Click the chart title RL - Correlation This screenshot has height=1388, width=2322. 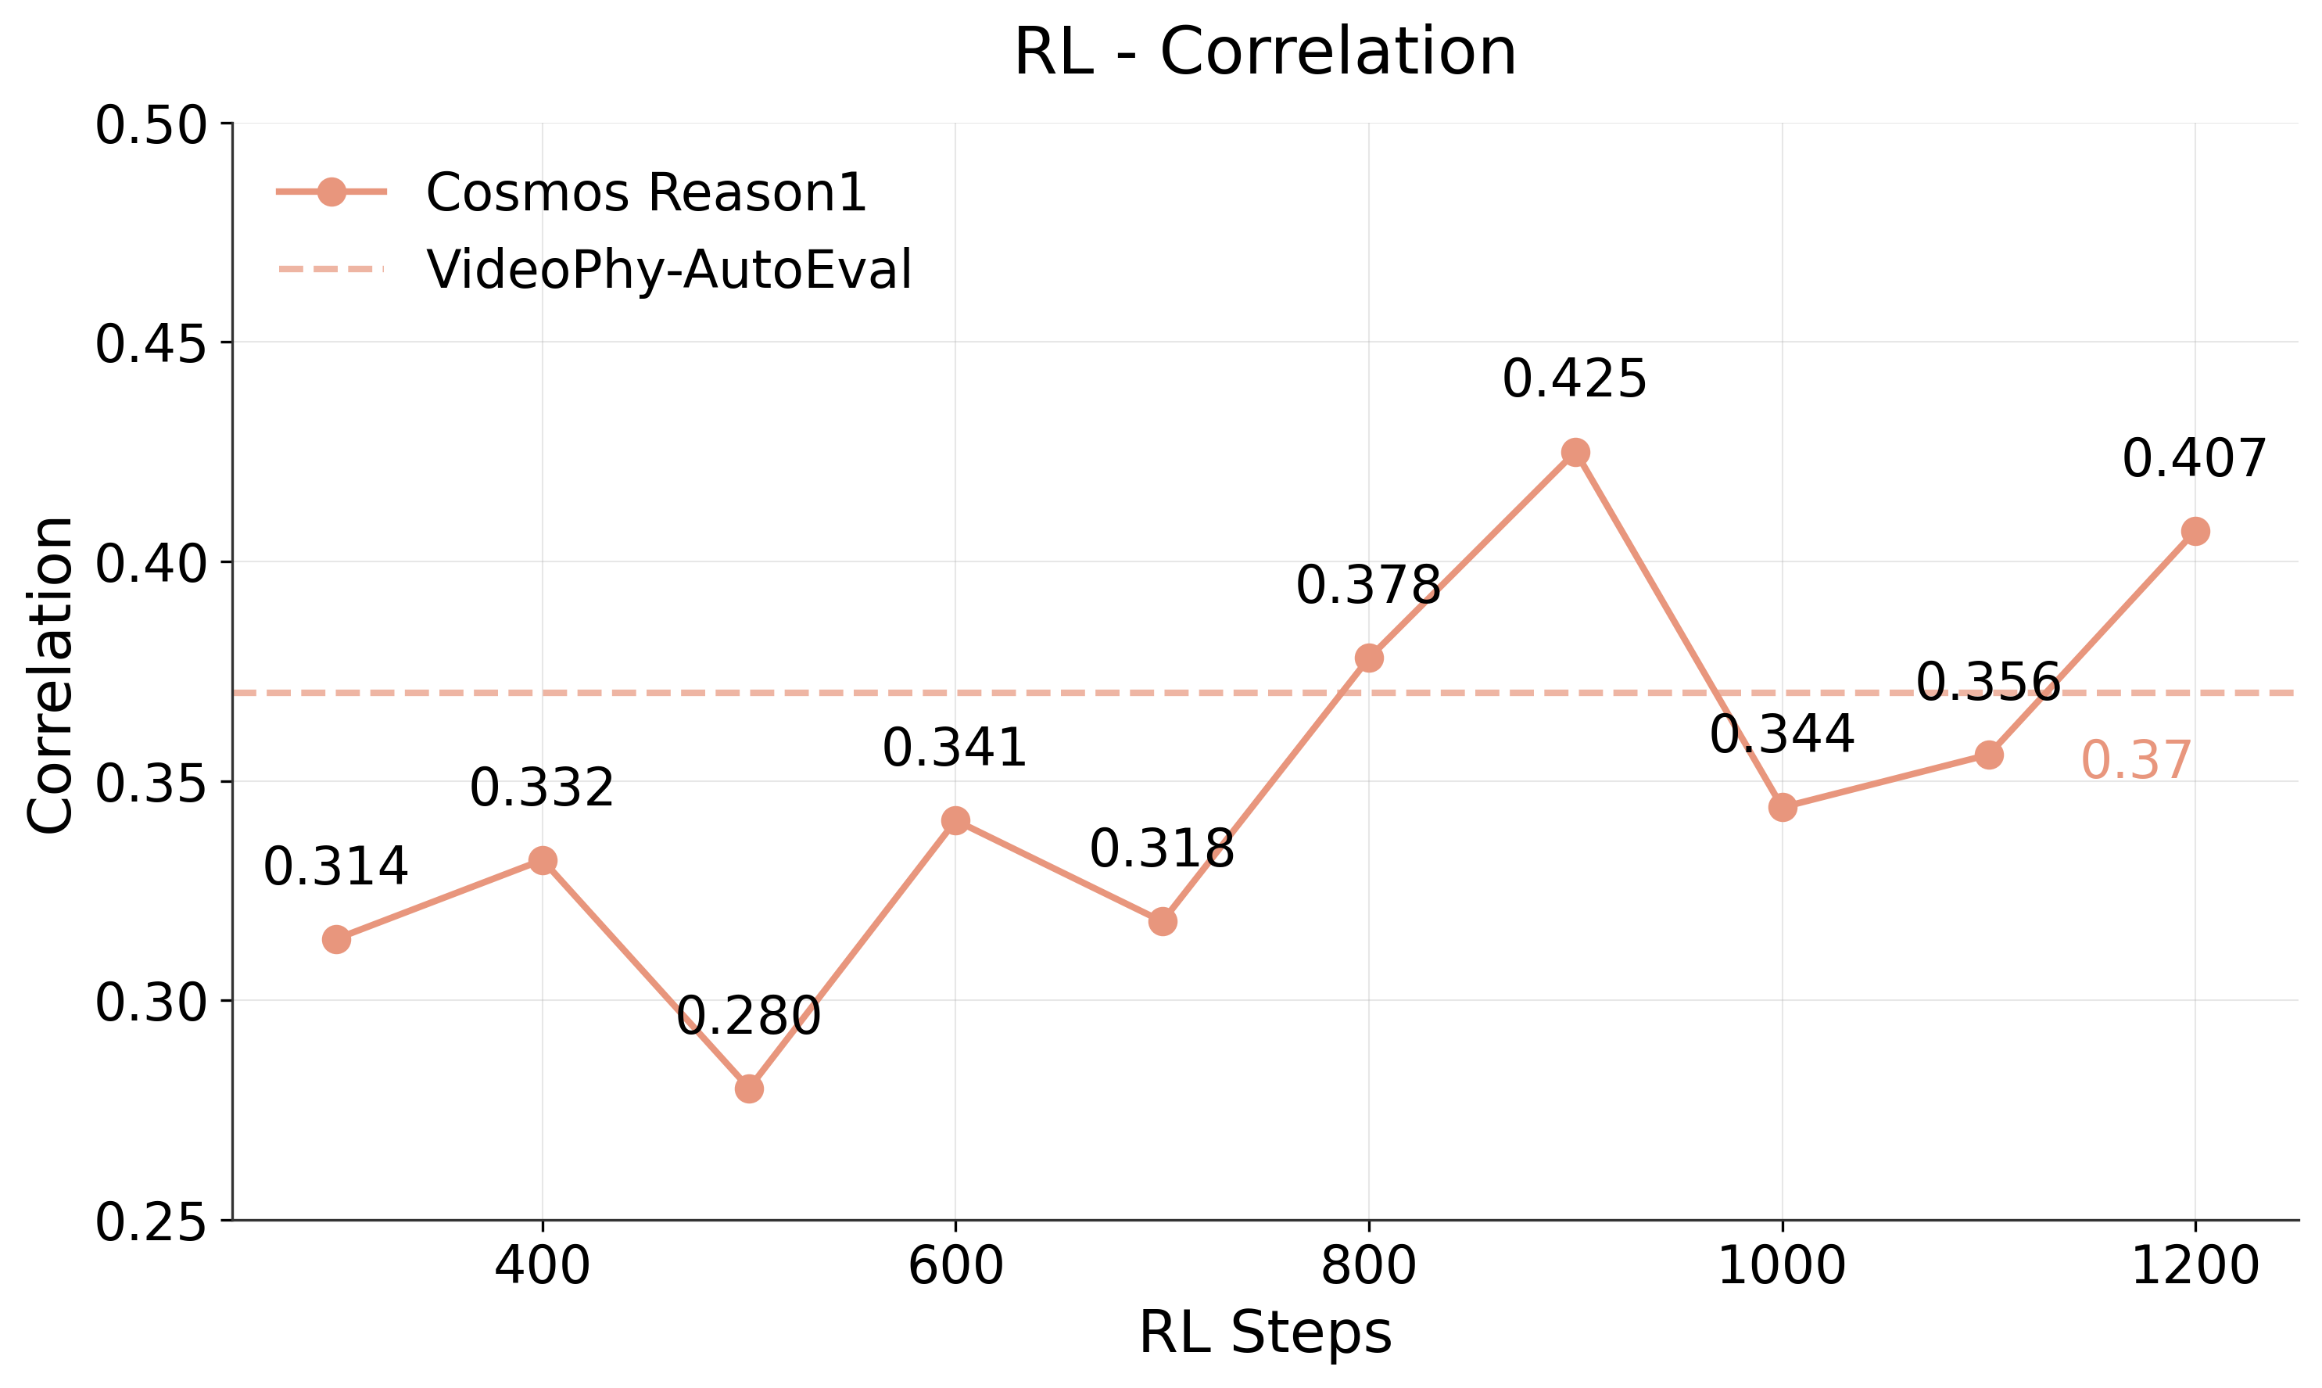pyautogui.click(x=1264, y=52)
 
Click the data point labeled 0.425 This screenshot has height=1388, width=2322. pyautogui.click(x=1575, y=453)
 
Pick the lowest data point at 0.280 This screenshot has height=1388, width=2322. pyautogui.click(x=749, y=1089)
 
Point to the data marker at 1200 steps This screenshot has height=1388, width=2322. pyautogui.click(x=2195, y=531)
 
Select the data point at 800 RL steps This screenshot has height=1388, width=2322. pyautogui.click(x=1369, y=658)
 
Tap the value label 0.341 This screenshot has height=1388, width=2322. pyautogui.click(x=955, y=748)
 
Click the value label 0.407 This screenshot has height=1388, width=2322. pyautogui.click(x=2194, y=459)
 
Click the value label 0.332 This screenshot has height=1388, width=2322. pyautogui.click(x=542, y=787)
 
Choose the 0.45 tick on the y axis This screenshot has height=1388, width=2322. pyautogui.click(x=149, y=344)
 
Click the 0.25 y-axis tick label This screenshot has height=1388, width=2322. pyautogui.click(x=149, y=1222)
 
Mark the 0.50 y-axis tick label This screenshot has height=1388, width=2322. pyautogui.click(x=149, y=125)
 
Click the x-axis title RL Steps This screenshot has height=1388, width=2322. pyautogui.click(x=1264, y=1332)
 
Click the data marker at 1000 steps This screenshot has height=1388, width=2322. pyautogui.click(x=1783, y=807)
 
